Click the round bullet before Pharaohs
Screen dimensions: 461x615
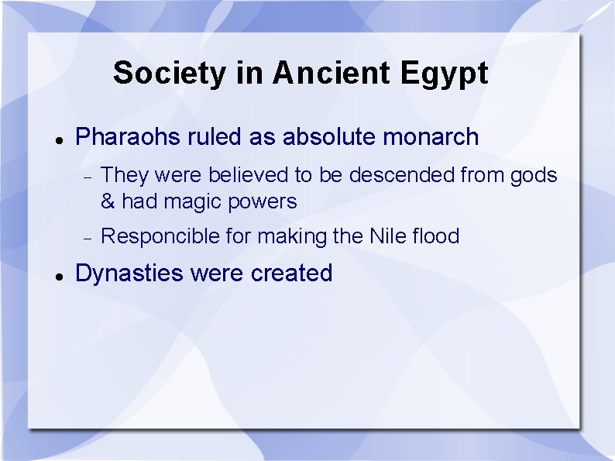[x=59, y=139]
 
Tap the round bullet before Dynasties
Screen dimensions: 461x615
[x=59, y=275]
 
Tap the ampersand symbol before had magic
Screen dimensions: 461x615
[x=108, y=202]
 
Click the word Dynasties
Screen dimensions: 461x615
[x=129, y=274]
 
